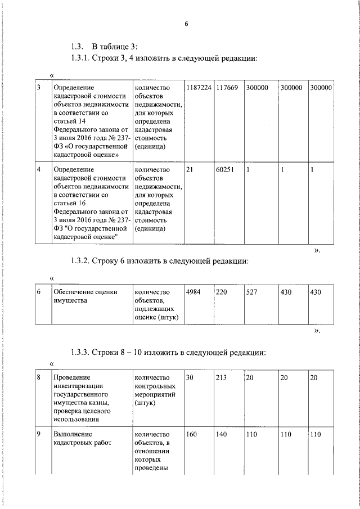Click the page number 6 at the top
(185, 23)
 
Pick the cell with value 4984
(193, 292)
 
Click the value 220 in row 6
(221, 292)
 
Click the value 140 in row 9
(221, 434)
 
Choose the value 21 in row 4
(189, 169)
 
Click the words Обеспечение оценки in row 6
(84, 292)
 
